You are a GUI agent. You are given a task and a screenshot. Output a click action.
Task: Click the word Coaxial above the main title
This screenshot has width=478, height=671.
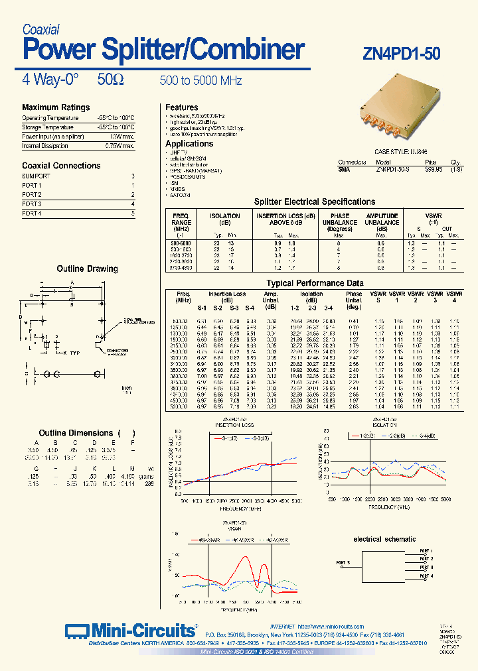41,29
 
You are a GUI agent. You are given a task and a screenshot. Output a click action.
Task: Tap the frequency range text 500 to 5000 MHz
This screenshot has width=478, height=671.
200,81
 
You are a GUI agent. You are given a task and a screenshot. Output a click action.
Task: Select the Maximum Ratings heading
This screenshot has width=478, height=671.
56,107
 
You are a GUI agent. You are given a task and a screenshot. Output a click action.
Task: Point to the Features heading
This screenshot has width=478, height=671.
182,107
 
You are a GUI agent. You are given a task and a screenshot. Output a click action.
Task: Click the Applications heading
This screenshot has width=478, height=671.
189,144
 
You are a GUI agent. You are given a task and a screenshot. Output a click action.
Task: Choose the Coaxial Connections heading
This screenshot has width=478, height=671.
61,166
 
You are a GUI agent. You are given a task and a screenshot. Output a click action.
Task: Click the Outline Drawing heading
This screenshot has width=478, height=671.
87,269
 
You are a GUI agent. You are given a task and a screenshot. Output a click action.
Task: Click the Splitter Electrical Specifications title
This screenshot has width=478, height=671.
315,202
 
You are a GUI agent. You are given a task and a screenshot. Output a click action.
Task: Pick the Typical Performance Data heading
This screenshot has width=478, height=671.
315,283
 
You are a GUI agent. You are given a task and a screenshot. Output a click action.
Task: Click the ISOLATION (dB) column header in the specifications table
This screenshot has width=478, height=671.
225,219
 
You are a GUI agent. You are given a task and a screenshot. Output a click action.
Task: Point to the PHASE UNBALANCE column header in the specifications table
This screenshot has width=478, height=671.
339,219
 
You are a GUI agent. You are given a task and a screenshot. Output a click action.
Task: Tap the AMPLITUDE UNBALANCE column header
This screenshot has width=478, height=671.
382,219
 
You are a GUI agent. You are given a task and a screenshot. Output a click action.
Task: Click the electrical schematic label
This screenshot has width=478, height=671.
384,539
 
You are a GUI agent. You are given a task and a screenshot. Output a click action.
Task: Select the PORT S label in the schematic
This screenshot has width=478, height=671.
343,562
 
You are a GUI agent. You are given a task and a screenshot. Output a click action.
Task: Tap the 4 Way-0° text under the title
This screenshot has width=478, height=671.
50,80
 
